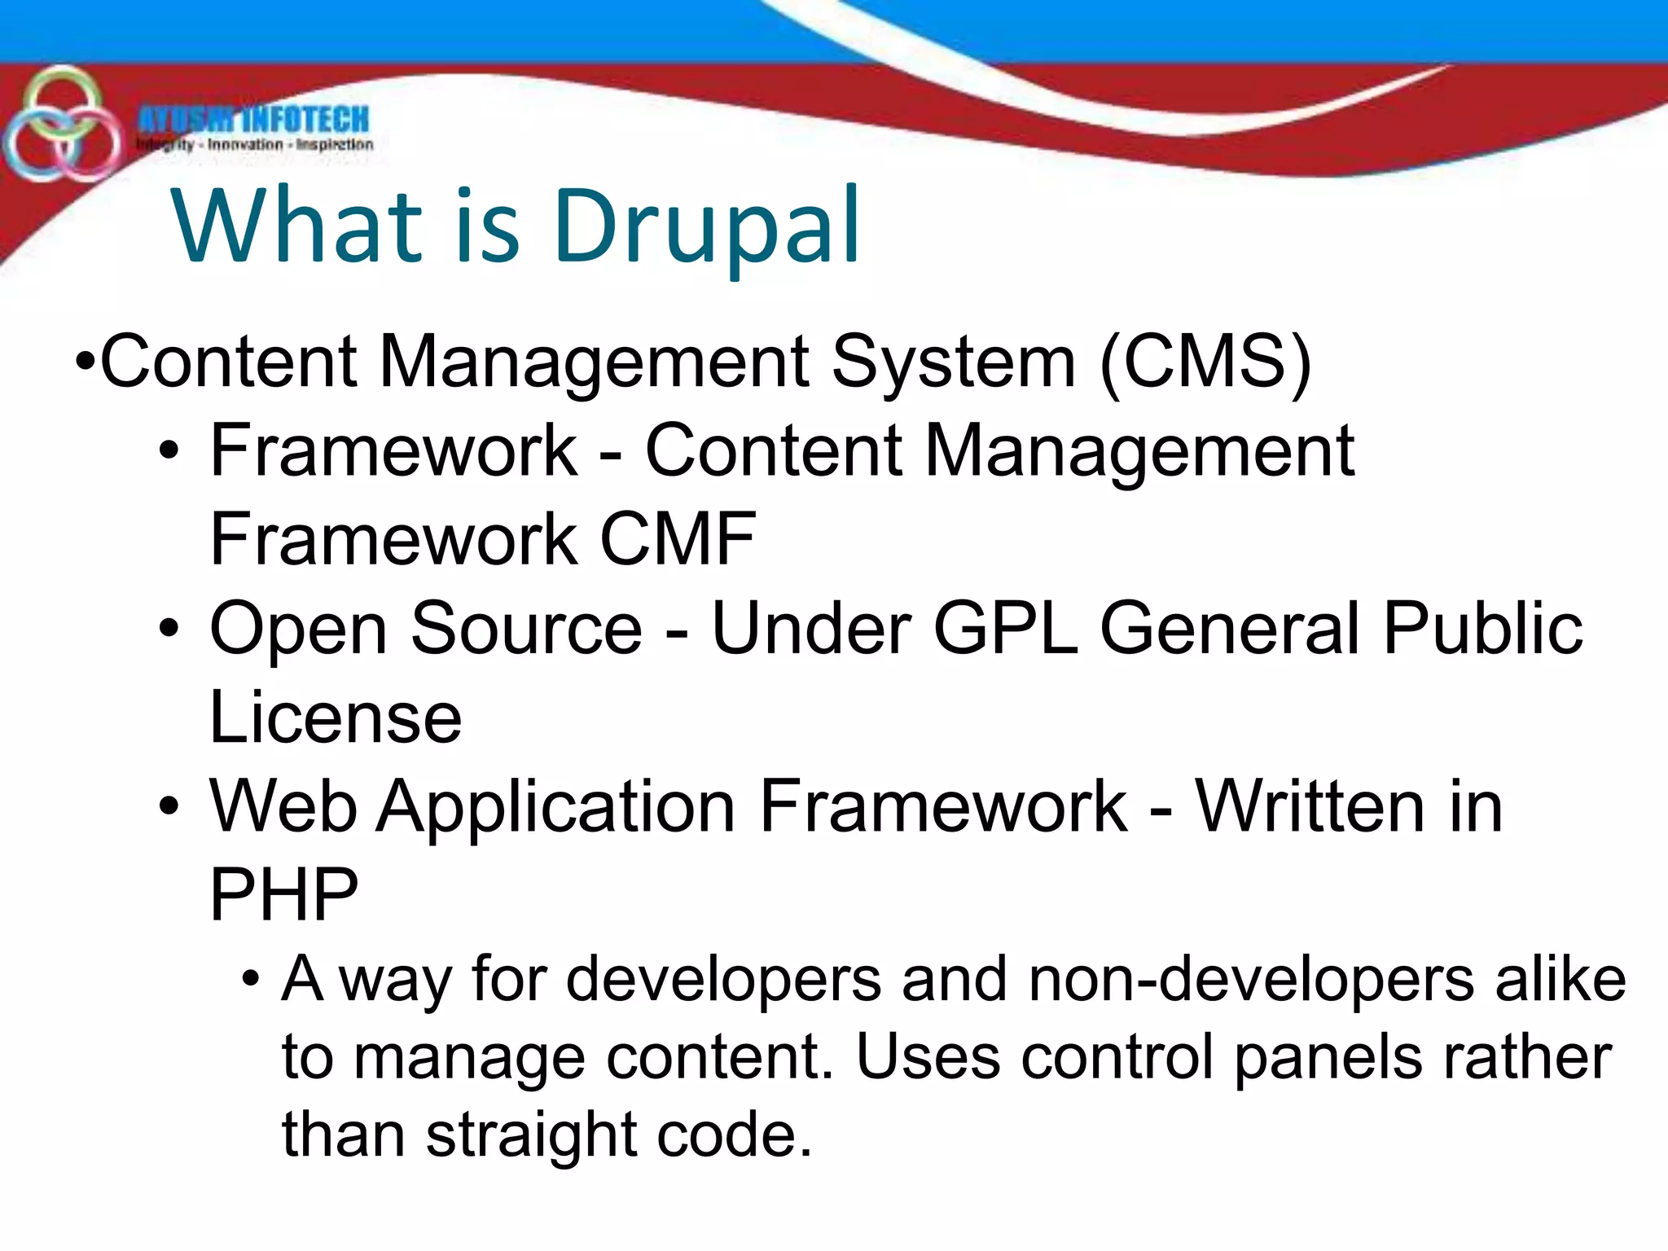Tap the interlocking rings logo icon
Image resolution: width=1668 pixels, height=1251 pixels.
coord(59,126)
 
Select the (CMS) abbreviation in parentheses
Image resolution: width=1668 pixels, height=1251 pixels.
coord(1205,362)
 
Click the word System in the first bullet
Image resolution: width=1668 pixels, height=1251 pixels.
coord(953,362)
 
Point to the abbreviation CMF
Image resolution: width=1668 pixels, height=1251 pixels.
coord(678,539)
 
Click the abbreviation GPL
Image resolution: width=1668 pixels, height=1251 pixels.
coord(1005,628)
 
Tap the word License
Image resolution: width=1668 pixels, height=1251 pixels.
coord(336,718)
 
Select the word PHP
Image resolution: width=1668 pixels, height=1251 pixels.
coord(283,895)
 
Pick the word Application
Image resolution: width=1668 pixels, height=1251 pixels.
coord(556,808)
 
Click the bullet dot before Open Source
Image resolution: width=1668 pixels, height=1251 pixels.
coord(169,629)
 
